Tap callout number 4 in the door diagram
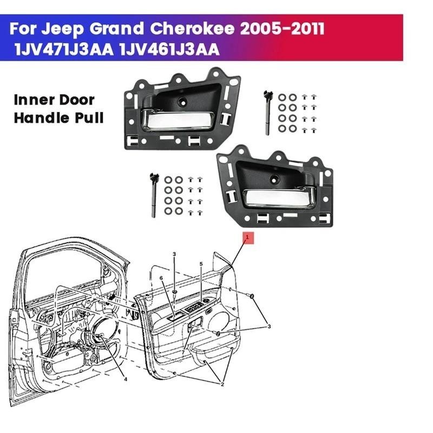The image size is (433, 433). click(126, 379)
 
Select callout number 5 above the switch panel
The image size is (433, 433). click(201, 264)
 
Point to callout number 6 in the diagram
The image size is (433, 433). click(161, 278)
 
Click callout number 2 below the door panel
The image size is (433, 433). click(222, 384)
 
